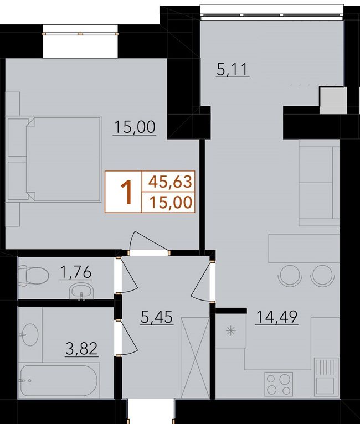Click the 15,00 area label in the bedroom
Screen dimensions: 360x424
pyautogui.click(x=135, y=127)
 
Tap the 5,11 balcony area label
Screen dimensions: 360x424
pyautogui.click(x=232, y=70)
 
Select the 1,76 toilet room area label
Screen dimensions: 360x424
pyautogui.click(x=76, y=272)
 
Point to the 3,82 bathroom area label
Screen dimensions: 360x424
pyautogui.click(x=81, y=349)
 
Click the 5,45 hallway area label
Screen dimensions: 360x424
pyautogui.click(x=157, y=317)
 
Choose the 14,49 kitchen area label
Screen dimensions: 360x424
pyautogui.click(x=277, y=317)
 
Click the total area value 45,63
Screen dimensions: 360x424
pyautogui.click(x=170, y=182)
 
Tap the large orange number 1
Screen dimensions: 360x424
pyautogui.click(x=126, y=192)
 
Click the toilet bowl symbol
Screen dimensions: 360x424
pyautogui.click(x=33, y=276)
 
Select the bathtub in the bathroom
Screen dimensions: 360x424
pyautogui.click(x=59, y=381)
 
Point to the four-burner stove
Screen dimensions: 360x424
pyautogui.click(x=279, y=384)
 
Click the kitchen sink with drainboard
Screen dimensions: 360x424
pyautogui.click(x=326, y=377)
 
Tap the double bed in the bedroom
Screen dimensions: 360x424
pyautogui.click(x=54, y=159)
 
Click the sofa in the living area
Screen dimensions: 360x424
pyautogui.click(x=319, y=183)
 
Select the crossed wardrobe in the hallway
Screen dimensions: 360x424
pyautogui.click(x=195, y=358)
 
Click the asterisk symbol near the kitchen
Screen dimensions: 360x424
pyautogui.click(x=231, y=331)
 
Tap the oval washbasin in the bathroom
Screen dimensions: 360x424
pyautogui.click(x=30, y=334)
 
